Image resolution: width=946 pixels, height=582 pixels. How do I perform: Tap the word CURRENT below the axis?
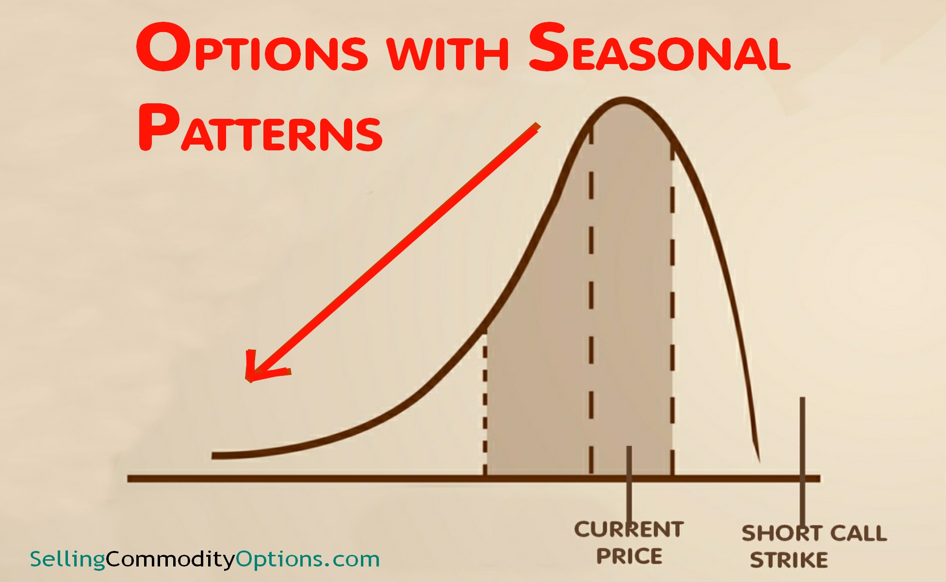pyautogui.click(x=629, y=530)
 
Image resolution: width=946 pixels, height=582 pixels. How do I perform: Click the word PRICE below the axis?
pyautogui.click(x=629, y=556)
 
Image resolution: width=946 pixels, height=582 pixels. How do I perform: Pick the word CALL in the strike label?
pyautogui.click(x=859, y=533)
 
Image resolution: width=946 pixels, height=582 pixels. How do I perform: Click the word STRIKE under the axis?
pyautogui.click(x=789, y=560)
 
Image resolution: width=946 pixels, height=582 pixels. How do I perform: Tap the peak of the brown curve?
pyautogui.click(x=625, y=101)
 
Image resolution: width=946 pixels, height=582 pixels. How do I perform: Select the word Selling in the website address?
pyautogui.click(x=67, y=559)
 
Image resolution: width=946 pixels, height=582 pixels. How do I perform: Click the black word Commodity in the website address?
pyautogui.click(x=170, y=559)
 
